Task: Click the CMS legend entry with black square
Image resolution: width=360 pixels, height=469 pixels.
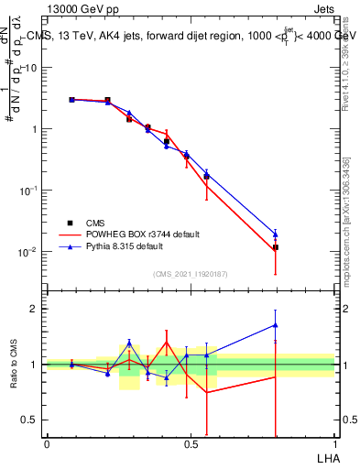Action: click(95, 223)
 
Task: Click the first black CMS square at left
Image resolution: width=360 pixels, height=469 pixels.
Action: click(72, 100)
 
